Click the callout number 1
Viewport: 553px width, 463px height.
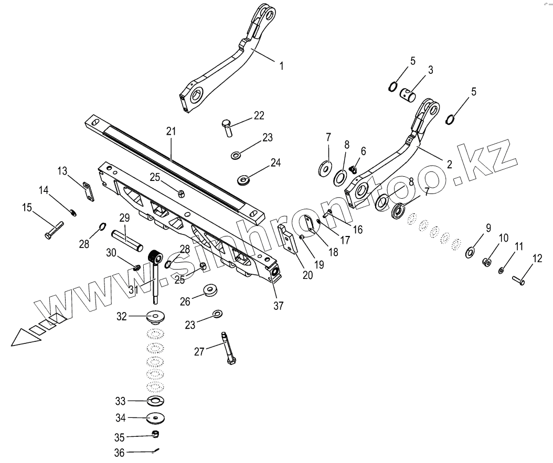click(x=281, y=66)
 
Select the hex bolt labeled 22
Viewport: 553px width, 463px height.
click(x=227, y=127)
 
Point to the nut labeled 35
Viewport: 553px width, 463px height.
click(x=155, y=434)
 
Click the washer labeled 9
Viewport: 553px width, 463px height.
click(x=470, y=254)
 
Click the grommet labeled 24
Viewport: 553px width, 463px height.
click(x=243, y=180)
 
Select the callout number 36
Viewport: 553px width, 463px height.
click(x=119, y=453)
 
